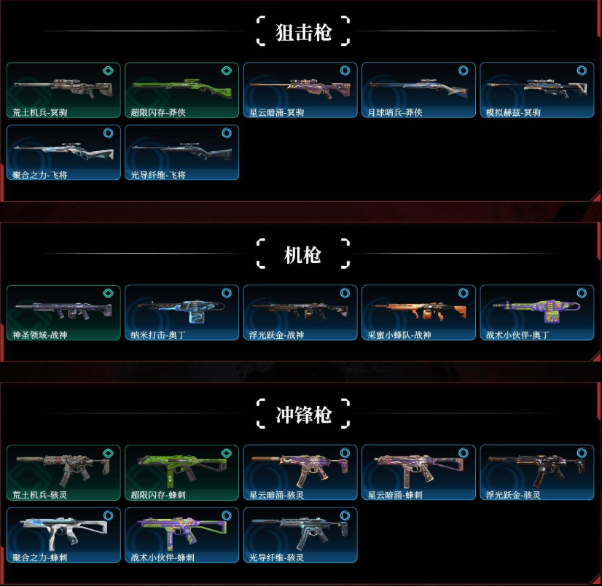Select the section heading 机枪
(303, 255)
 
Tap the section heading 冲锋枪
(303, 415)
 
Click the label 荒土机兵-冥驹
(46, 112)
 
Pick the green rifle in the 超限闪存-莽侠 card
(180, 88)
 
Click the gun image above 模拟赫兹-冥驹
(536, 87)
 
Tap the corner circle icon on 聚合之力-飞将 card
(108, 134)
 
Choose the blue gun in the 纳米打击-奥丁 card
(180, 310)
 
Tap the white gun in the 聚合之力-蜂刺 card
(62, 531)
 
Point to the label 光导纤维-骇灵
(278, 558)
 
